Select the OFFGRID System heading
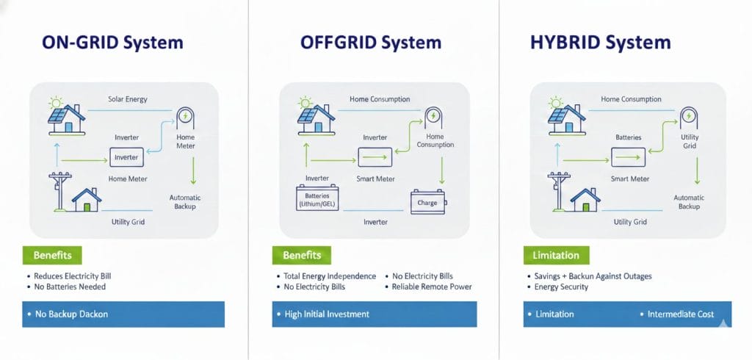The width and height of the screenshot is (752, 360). pyautogui.click(x=371, y=43)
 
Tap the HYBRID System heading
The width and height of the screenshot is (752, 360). pyautogui.click(x=600, y=43)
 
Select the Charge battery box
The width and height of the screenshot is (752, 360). pyautogui.click(x=427, y=202)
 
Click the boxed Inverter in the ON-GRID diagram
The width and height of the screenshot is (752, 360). pyautogui.click(x=126, y=156)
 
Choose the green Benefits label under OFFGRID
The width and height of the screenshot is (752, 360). pyautogui.click(x=302, y=256)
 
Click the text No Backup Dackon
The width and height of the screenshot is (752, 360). pyautogui.click(x=72, y=314)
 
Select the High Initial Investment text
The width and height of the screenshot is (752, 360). pyautogui.click(x=327, y=314)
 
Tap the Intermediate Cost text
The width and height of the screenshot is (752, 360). pyautogui.click(x=680, y=314)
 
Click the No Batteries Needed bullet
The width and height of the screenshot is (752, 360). pyautogui.click(x=70, y=287)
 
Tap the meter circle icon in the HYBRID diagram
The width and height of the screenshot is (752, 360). pyautogui.click(x=689, y=116)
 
